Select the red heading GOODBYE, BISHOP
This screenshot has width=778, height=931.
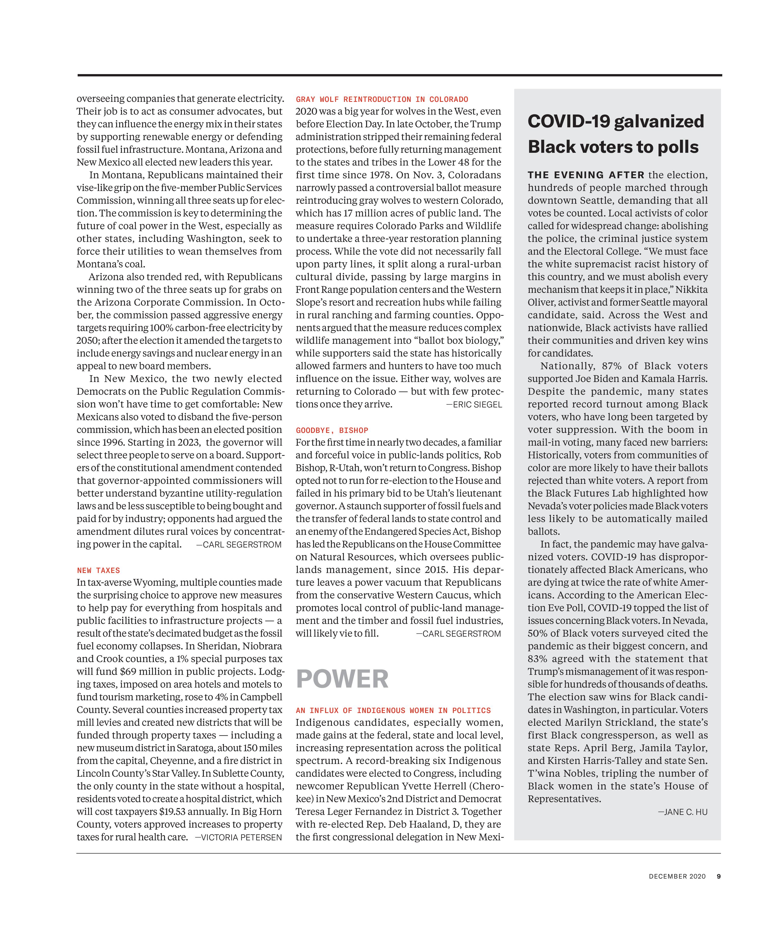332,430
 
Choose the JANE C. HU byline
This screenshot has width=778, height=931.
683,812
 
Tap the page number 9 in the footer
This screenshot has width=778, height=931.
719,876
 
